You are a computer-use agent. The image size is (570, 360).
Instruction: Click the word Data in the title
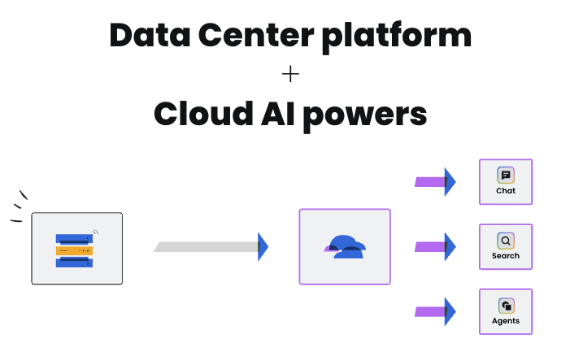click(x=150, y=35)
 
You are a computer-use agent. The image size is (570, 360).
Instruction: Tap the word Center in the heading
click(x=256, y=35)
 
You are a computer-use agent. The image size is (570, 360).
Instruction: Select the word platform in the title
click(x=397, y=37)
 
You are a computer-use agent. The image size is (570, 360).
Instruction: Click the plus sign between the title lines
click(x=290, y=74)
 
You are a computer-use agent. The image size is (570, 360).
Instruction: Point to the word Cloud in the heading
click(x=203, y=113)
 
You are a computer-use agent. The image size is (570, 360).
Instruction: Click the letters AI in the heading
click(x=278, y=114)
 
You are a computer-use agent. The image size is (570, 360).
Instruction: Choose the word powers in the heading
click(x=365, y=116)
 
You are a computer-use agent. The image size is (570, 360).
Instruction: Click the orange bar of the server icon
click(x=74, y=250)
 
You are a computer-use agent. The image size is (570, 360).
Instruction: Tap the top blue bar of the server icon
click(x=74, y=239)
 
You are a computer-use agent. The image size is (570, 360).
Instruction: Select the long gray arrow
click(x=211, y=247)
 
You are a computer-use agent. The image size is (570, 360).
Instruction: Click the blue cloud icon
click(x=345, y=247)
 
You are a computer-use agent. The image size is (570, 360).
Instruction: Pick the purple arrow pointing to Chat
click(x=435, y=182)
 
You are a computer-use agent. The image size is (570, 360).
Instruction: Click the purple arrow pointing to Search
click(x=435, y=247)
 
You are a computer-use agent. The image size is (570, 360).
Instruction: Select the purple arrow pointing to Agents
click(x=435, y=312)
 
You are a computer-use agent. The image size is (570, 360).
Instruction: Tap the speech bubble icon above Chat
click(x=506, y=176)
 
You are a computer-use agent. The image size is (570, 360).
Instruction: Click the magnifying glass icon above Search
click(x=506, y=241)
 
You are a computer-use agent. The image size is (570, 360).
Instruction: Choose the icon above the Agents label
click(x=506, y=306)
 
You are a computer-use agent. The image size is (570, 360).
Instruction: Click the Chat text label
click(x=506, y=191)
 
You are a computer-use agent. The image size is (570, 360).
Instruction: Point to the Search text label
click(x=506, y=256)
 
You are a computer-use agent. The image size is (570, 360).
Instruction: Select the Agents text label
click(x=506, y=321)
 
